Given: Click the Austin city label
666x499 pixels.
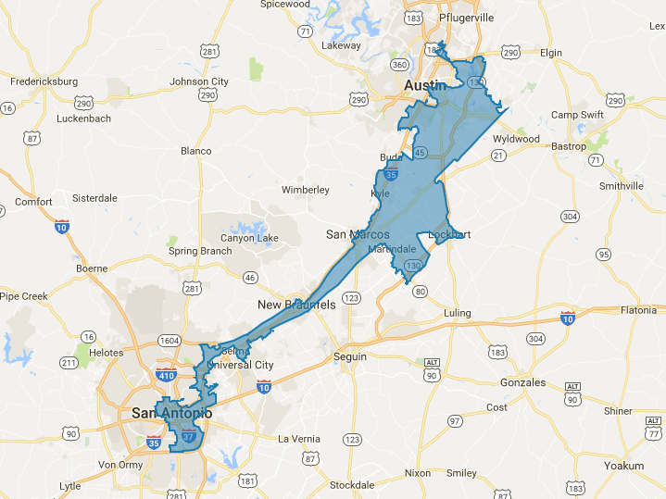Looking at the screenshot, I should pyautogui.click(x=426, y=85).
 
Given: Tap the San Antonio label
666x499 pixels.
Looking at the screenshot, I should pyautogui.click(x=171, y=412).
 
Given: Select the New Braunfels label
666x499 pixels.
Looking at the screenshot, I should pyautogui.click(x=295, y=305).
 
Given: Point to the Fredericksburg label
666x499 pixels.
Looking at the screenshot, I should pyautogui.click(x=44, y=81).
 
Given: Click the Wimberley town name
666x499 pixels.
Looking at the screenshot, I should pyautogui.click(x=306, y=190).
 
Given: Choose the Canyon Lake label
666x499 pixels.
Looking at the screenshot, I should pyautogui.click(x=249, y=238).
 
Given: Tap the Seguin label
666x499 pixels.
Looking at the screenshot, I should pyautogui.click(x=351, y=356).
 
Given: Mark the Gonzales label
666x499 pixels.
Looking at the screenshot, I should pyautogui.click(x=521, y=381).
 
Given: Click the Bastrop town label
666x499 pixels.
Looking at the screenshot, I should pyautogui.click(x=569, y=146).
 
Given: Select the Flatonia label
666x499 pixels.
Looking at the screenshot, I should pyautogui.click(x=638, y=309).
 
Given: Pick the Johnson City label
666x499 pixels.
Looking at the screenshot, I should pyautogui.click(x=199, y=81).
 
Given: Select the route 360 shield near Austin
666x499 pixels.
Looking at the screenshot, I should pyautogui.click(x=399, y=65).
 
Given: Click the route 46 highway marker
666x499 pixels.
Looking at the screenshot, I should pyautogui.click(x=249, y=278).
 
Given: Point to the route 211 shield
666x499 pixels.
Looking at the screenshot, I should pyautogui.click(x=69, y=361).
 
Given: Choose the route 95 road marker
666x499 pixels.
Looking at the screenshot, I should pyautogui.click(x=604, y=254).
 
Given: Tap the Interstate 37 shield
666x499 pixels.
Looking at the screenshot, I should pyautogui.click(x=188, y=435).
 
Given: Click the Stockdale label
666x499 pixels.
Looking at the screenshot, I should pyautogui.click(x=351, y=485).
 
